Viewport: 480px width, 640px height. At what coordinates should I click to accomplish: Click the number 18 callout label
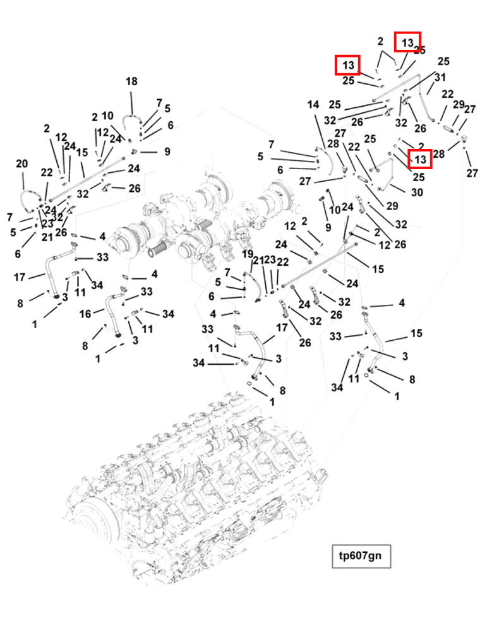[x=131, y=81]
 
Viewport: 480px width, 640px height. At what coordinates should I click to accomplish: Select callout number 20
[x=21, y=164]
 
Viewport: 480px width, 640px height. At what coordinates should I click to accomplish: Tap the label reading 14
[x=314, y=105]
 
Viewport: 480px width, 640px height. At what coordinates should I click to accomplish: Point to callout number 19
[x=248, y=254]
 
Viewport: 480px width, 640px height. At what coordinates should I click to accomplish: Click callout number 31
[x=440, y=77]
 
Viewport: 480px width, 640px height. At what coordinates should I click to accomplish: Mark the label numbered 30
[x=417, y=193]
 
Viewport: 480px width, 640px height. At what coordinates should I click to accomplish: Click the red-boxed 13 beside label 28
[x=420, y=159]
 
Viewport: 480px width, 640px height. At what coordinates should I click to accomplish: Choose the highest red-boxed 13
[x=407, y=42]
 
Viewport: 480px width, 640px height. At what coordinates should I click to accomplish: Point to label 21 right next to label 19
[x=256, y=261]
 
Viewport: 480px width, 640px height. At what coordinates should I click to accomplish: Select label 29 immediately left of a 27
[x=459, y=105]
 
